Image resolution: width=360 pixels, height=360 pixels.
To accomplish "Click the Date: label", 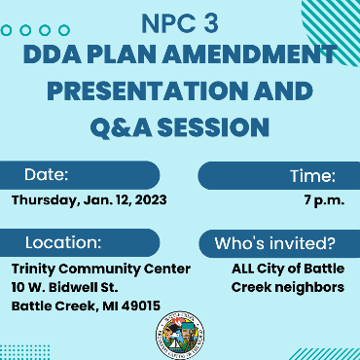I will coord(47,175).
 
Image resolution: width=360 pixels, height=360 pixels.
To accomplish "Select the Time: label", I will coord(312,176).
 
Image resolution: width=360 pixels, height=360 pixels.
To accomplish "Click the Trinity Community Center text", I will coord(100,268).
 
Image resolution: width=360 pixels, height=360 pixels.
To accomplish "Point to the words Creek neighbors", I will coord(287,286).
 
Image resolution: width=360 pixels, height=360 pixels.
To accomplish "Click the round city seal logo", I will coord(181,334).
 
